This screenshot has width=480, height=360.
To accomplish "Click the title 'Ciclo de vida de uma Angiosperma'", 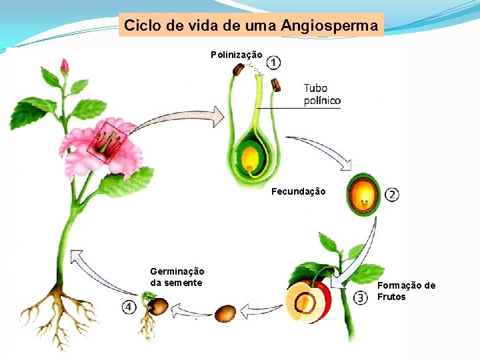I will (251, 26).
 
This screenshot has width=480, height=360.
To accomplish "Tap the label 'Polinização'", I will (237, 55).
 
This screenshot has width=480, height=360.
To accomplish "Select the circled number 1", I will (273, 63).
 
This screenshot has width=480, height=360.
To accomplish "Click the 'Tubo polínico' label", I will (321, 95).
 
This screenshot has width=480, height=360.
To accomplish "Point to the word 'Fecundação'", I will (299, 192).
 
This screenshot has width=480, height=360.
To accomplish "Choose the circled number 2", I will (391, 195).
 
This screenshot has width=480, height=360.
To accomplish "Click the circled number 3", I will (360, 298).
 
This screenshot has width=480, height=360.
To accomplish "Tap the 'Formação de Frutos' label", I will (406, 291).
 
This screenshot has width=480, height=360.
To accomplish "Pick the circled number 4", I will (129, 307).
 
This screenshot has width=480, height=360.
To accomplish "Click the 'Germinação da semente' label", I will (177, 277).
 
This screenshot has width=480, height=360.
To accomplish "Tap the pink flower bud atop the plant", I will (65, 66).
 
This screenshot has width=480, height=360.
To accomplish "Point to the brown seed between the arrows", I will (225, 313).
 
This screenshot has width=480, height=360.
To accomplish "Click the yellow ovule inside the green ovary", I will (250, 159).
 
